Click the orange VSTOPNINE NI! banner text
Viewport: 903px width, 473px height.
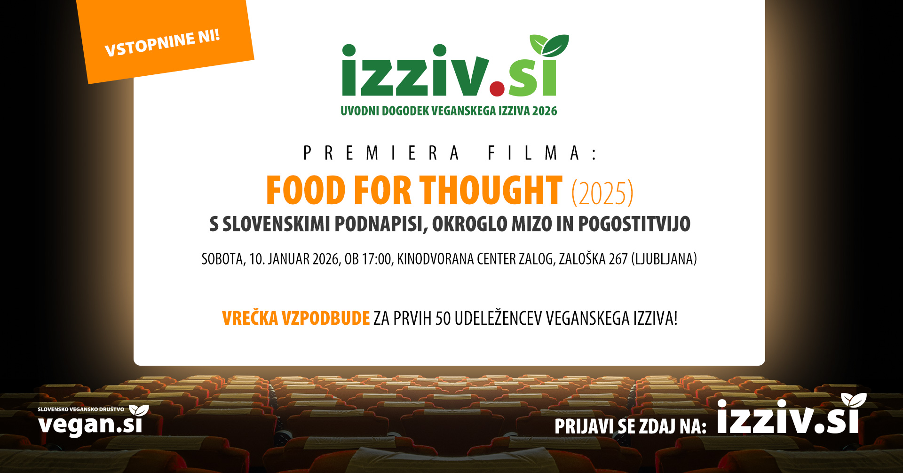pos(162,43)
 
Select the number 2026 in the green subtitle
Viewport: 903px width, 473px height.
pos(545,111)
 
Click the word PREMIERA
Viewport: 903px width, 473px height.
pos(381,153)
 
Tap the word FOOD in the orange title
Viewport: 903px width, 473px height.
pos(306,191)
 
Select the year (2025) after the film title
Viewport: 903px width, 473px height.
pos(602,193)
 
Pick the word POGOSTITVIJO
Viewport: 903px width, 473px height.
pos(634,224)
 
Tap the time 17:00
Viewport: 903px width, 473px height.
pos(376,259)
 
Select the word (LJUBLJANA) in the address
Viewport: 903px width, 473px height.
pos(664,259)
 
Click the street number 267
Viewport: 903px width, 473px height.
pos(618,259)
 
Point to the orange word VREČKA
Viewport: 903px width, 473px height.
pos(250,319)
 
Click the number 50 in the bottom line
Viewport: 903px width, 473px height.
pos(443,319)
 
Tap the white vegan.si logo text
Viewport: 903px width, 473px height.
pos(90,424)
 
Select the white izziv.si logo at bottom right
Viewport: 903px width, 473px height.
pos(788,417)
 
